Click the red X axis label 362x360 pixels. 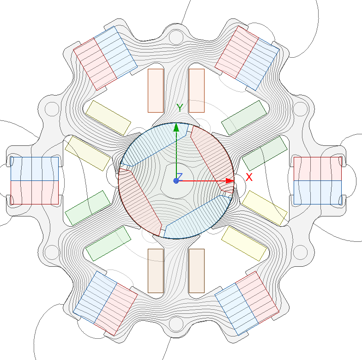coord(249,177)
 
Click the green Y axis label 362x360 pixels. coord(181,108)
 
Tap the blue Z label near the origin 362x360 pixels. coord(180,176)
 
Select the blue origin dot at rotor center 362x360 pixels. coord(176,180)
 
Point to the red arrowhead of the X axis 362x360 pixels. coord(229,180)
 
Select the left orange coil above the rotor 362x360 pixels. coord(156,90)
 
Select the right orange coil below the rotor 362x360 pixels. coord(197,270)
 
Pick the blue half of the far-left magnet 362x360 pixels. coord(34,168)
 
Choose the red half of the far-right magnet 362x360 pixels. coord(317,168)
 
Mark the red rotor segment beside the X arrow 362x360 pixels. coord(212,157)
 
